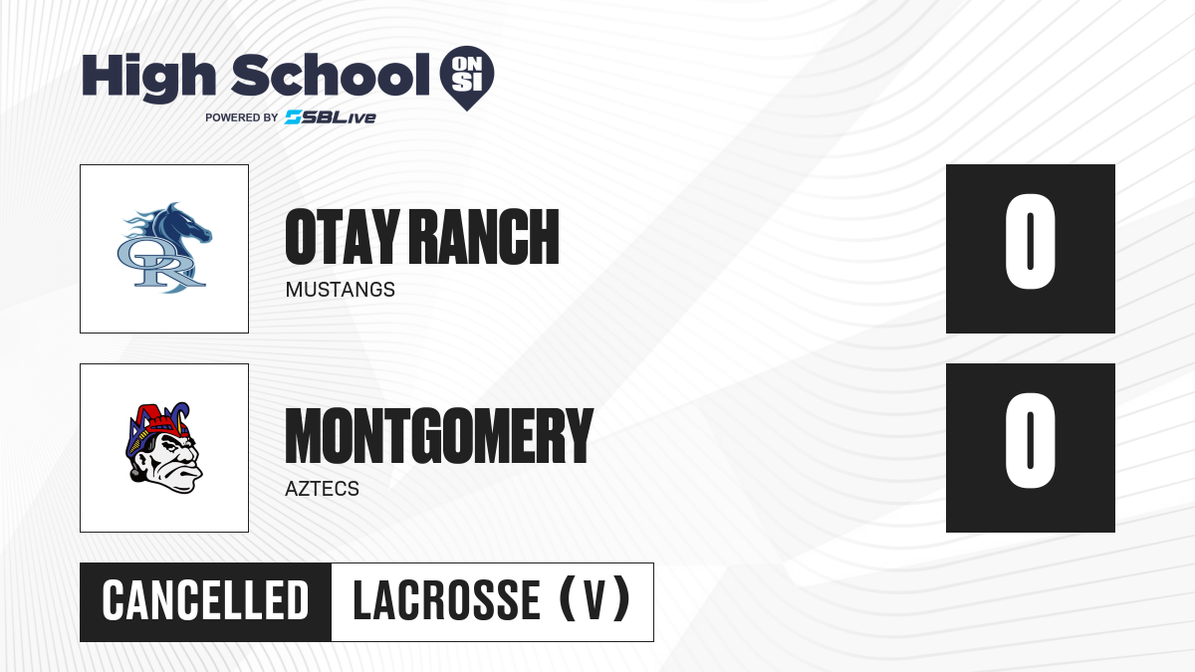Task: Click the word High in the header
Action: [148, 77]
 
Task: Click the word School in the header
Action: [331, 75]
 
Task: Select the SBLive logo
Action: [331, 117]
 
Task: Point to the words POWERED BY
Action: [242, 117]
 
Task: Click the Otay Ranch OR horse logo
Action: [164, 248]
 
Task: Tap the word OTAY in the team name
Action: [343, 236]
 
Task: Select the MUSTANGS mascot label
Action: [341, 290]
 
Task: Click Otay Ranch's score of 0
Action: [1030, 242]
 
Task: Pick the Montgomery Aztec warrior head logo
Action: [164, 447]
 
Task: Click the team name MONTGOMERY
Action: [439, 436]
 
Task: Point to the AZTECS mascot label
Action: [323, 489]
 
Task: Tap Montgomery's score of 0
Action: [1030, 440]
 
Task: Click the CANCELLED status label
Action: [205, 601]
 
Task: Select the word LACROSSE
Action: [446, 601]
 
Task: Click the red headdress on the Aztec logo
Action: [160, 419]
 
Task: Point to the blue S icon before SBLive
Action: [294, 117]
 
